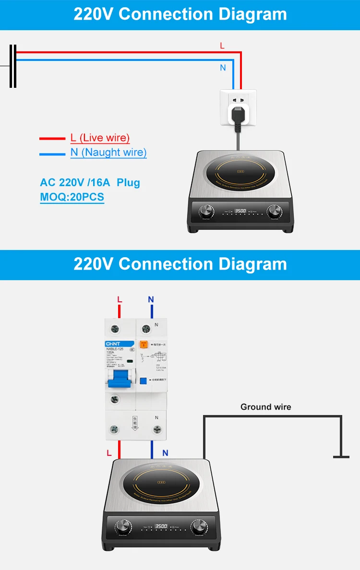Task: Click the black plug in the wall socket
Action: coord(238,114)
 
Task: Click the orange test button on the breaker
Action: coord(143,344)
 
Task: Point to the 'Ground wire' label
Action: coord(265,407)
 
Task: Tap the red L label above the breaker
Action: coord(120,299)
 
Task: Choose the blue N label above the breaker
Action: coord(151,299)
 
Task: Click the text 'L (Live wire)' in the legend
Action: coord(100,138)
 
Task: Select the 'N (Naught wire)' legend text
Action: coord(108,153)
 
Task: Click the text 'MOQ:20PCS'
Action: coord(72,197)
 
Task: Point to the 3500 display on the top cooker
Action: coord(240,211)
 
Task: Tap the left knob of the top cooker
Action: coord(207,211)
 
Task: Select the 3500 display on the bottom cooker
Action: coord(161,526)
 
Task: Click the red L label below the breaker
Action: coord(109,452)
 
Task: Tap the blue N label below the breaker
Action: coord(165,452)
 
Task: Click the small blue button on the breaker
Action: coord(143,380)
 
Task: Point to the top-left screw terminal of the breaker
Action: coord(115,329)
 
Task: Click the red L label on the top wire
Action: coord(222,46)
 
